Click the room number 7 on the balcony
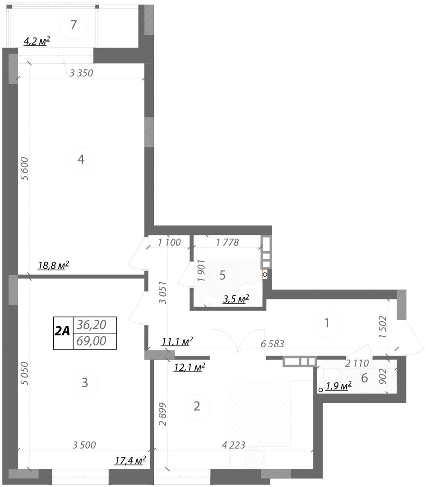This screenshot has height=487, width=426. [73, 25]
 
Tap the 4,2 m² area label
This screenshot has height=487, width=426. [37, 41]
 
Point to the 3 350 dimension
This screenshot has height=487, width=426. [81, 73]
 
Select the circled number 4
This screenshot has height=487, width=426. [81, 159]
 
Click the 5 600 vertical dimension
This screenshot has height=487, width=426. [24, 169]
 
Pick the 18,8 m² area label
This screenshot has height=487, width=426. [53, 266]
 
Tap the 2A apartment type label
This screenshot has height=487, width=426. [63, 332]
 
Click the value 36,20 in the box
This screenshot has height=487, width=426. [91, 325]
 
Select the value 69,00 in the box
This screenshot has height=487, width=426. [91, 341]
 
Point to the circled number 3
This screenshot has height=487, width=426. [85, 383]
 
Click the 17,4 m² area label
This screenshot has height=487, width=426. [130, 460]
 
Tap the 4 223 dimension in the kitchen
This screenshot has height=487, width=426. [233, 446]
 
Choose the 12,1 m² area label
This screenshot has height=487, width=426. [190, 368]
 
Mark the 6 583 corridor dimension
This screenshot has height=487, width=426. [273, 344]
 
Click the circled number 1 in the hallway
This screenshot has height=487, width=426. [327, 323]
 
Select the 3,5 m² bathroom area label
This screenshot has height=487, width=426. [236, 299]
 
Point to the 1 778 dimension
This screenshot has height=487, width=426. [227, 242]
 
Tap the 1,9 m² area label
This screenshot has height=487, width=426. [338, 386]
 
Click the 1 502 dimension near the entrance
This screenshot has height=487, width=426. [383, 327]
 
